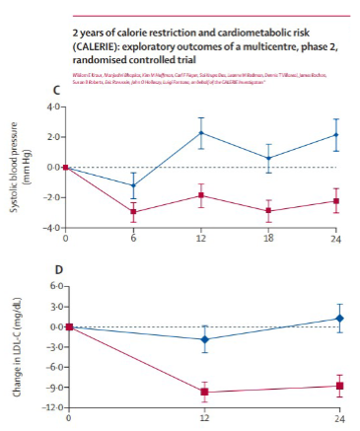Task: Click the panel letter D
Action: [x=67, y=270]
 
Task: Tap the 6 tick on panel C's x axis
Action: [x=134, y=238]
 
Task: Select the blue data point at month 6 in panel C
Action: [x=134, y=185]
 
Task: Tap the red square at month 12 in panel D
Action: [x=204, y=392]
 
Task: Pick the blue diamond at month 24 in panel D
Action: [x=340, y=318]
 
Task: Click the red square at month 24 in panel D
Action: [x=340, y=386]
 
